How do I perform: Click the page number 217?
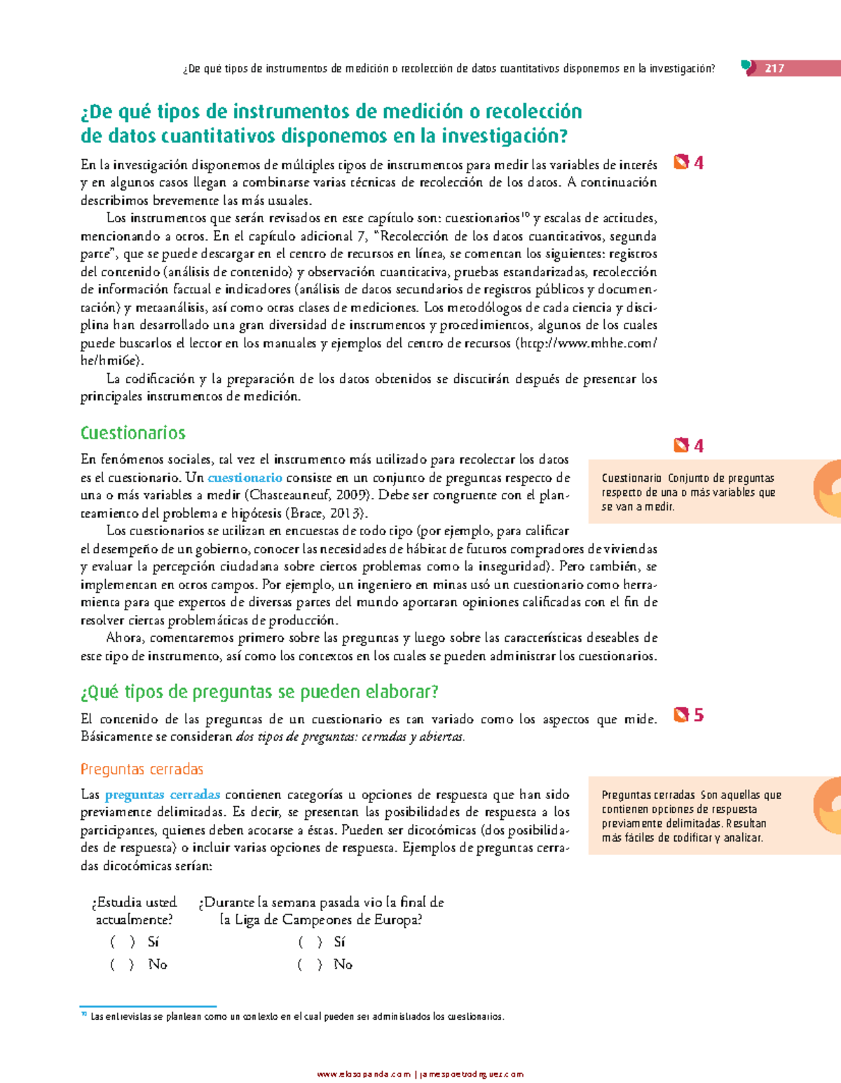(774, 68)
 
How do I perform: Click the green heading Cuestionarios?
(132, 433)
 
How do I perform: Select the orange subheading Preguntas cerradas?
(142, 769)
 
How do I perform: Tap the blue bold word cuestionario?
(245, 478)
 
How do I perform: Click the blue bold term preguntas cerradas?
(163, 795)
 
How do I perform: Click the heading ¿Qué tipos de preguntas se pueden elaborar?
(259, 692)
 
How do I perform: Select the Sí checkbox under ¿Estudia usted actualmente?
(122, 942)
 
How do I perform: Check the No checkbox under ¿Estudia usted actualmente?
(122, 964)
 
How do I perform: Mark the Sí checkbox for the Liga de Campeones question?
(310, 942)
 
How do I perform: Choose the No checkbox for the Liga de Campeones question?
(309, 964)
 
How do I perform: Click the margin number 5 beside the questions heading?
(698, 715)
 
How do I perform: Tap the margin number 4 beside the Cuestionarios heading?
(698, 445)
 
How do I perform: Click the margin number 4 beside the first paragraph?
(698, 163)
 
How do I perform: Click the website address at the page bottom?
(420, 1074)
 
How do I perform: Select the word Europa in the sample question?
(399, 920)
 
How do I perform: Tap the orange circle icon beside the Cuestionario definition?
(828, 488)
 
